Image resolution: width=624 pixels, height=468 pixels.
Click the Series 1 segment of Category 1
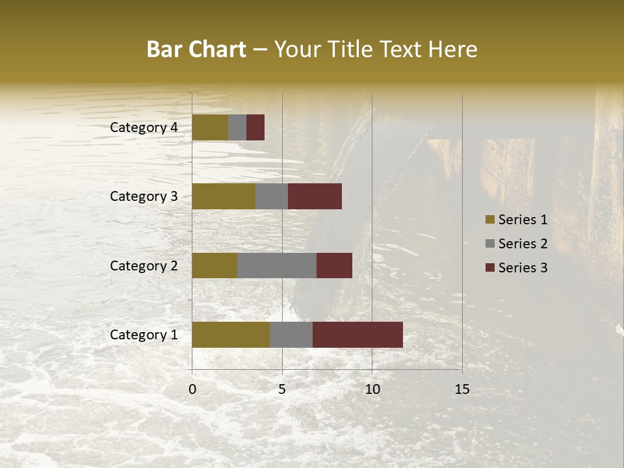coord(231,335)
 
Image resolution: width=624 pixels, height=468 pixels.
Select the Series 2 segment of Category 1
coord(291,335)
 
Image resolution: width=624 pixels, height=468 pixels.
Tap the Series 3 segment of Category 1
coord(357,335)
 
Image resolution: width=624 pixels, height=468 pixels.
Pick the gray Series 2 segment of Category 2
coord(277,265)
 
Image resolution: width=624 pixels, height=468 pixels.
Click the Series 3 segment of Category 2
coord(334,265)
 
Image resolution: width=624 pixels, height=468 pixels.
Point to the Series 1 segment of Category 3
coord(224,196)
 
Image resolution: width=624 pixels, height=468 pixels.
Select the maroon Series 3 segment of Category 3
coord(315,196)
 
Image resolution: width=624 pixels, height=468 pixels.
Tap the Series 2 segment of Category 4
coord(237,127)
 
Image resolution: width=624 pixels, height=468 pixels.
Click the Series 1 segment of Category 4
coord(210,127)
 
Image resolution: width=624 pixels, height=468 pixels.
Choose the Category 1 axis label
coord(144,335)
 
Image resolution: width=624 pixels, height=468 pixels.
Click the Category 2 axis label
coord(144,265)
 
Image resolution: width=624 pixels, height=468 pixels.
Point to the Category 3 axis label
coord(144,196)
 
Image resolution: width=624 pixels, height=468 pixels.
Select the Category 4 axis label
coord(144,127)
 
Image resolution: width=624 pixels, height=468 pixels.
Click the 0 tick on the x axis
coord(192,389)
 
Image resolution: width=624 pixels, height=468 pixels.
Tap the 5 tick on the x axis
coord(282,389)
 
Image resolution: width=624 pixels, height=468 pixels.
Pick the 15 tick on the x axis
coord(462,389)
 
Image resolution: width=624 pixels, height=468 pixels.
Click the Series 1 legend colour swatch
coord(489,220)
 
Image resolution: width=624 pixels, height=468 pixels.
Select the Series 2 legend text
coord(523,244)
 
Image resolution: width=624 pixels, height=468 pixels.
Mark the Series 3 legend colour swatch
coord(489,268)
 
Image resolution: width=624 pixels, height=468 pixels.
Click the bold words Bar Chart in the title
coord(196,49)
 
